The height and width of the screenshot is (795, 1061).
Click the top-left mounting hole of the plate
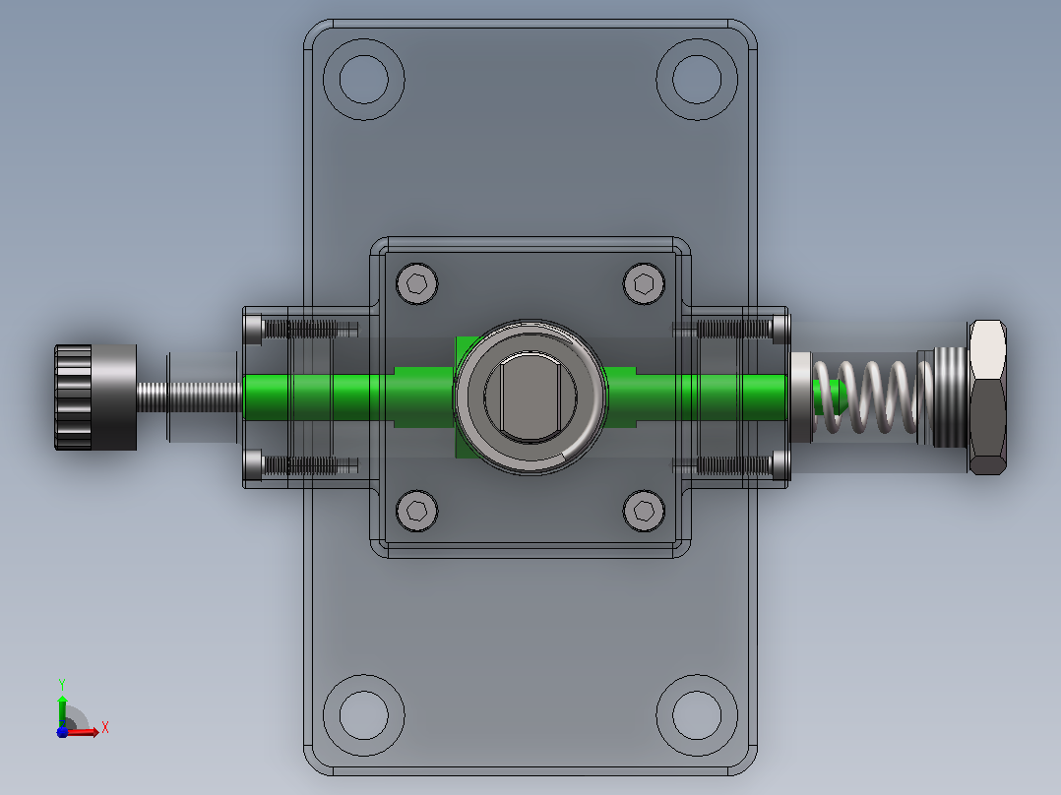pyautogui.click(x=364, y=79)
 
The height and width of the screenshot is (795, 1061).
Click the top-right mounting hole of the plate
pyautogui.click(x=697, y=79)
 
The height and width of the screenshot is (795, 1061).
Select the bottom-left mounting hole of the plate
pyautogui.click(x=364, y=715)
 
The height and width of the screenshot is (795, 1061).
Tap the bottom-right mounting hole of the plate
pyautogui.click(x=697, y=715)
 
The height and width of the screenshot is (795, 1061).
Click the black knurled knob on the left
pyautogui.click(x=95, y=397)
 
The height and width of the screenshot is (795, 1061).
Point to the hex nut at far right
pyautogui.click(x=987, y=397)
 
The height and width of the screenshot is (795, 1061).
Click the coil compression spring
pyautogui.click(x=867, y=397)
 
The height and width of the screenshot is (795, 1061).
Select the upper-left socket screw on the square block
pyautogui.click(x=417, y=283)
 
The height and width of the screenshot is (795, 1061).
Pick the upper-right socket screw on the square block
pyautogui.click(x=644, y=283)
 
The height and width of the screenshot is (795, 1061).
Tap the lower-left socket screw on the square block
pyautogui.click(x=417, y=510)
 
